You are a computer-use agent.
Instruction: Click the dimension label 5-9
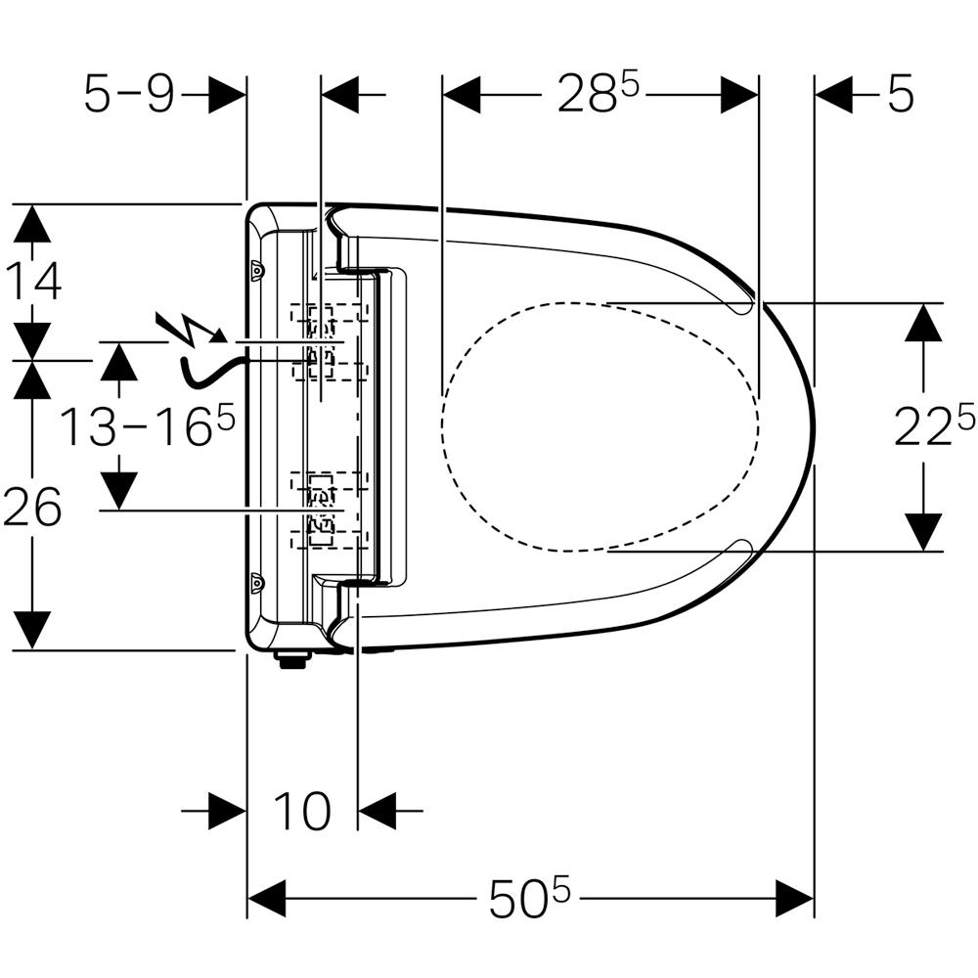tap(128, 95)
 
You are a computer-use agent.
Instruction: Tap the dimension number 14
tap(33, 281)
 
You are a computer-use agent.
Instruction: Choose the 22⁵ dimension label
tap(934, 426)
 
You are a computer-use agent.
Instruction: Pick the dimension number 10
tap(301, 811)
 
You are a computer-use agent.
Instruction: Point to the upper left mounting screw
tap(257, 269)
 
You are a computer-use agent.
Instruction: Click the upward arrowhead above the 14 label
tap(33, 223)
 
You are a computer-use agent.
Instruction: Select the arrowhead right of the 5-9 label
tap(227, 96)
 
